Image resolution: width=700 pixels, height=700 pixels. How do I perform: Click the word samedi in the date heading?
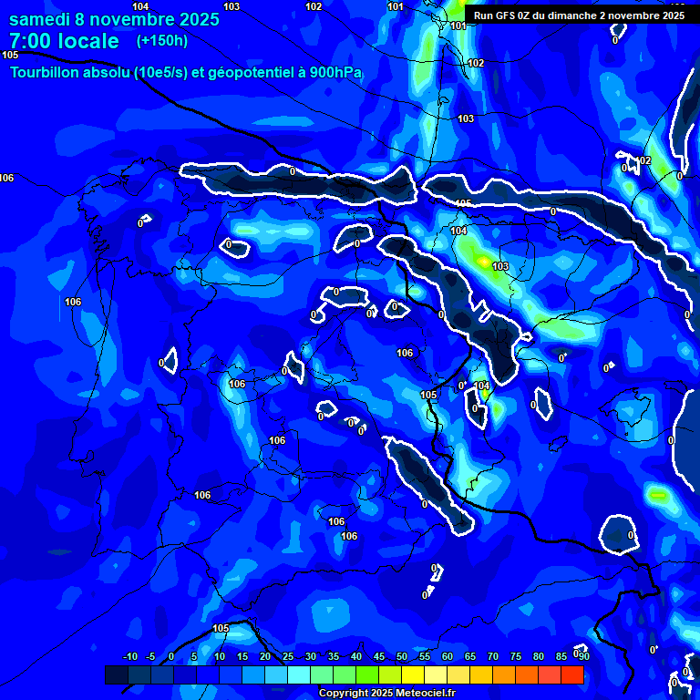pyautogui.click(x=39, y=19)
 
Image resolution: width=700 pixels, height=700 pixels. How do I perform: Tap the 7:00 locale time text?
pyautogui.click(x=64, y=41)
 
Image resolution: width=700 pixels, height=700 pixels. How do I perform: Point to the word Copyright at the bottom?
pyautogui.click(x=345, y=694)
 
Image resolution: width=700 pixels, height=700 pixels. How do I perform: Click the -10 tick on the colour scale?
pyautogui.click(x=129, y=657)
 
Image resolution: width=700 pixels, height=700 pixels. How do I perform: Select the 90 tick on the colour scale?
pyautogui.click(x=584, y=657)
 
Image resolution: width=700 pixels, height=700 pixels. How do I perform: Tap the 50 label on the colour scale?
pyautogui.click(x=402, y=657)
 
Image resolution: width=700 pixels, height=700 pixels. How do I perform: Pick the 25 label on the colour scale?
pyautogui.click(x=288, y=657)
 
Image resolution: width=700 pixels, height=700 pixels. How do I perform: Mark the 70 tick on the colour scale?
pyautogui.click(x=493, y=657)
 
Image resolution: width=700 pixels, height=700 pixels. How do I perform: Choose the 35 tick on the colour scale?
pyautogui.click(x=334, y=657)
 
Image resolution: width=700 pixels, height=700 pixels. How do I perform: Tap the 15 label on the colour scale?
pyautogui.click(x=242, y=657)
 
